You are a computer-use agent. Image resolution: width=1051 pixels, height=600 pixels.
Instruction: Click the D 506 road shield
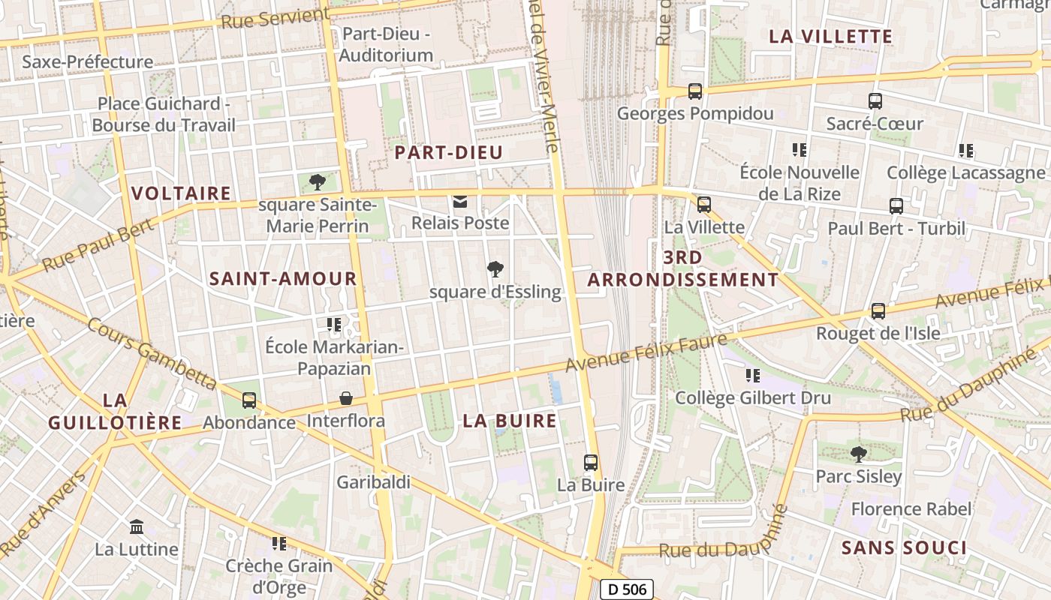(x=627, y=589)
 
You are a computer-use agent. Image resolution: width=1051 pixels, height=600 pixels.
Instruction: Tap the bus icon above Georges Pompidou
(x=695, y=91)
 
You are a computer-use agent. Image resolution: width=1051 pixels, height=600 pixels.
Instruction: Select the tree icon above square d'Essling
(x=495, y=269)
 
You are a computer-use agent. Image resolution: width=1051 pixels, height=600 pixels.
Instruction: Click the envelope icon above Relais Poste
(x=459, y=201)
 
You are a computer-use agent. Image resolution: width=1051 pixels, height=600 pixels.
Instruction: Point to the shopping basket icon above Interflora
(x=346, y=397)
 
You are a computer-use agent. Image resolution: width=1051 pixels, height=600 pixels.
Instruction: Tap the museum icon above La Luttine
(x=137, y=526)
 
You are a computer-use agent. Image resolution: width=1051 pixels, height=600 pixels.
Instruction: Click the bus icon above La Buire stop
(x=591, y=463)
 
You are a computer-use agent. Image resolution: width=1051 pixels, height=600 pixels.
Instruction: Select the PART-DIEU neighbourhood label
(x=449, y=152)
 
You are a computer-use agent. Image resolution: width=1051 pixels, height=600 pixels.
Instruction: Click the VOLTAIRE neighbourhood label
(x=181, y=193)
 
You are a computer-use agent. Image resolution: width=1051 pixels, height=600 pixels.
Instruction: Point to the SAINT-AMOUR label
(x=283, y=279)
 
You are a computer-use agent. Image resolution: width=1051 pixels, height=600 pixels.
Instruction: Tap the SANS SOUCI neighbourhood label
(x=904, y=547)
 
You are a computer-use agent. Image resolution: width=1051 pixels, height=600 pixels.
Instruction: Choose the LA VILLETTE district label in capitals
(x=831, y=36)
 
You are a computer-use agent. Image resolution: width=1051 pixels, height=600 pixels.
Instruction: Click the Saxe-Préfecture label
(x=87, y=61)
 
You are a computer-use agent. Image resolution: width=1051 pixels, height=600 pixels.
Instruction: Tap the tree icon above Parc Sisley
(x=858, y=454)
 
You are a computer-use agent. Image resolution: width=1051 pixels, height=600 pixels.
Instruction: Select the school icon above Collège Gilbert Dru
(x=752, y=375)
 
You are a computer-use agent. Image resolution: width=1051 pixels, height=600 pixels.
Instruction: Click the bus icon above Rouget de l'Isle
(x=878, y=310)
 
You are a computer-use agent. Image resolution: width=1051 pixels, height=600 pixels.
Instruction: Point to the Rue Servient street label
(x=276, y=17)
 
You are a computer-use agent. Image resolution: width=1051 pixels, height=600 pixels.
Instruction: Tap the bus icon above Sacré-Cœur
(x=875, y=101)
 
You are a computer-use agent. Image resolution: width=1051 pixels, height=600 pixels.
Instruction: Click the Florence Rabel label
(x=911, y=509)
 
